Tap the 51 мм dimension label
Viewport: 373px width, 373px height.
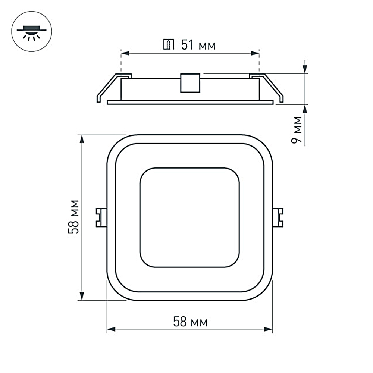coord(198,45)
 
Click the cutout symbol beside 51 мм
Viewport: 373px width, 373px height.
coord(169,44)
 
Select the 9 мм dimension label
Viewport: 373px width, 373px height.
coord(297,130)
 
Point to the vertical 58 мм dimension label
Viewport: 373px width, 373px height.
coord(73,217)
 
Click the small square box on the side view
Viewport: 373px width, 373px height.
coord(190,83)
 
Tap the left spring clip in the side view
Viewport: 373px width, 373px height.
coord(114,88)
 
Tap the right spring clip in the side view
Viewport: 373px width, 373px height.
coord(266,88)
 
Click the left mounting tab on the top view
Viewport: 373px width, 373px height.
coord(101,218)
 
